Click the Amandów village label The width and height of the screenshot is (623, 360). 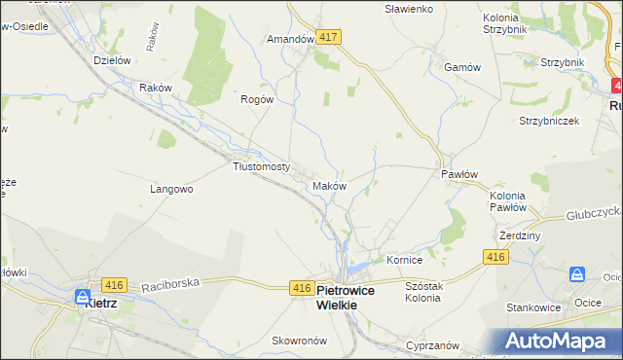point(289,40)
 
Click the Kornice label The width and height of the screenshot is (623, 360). point(404,261)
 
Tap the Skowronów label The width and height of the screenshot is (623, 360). point(271,341)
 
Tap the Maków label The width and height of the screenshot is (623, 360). point(329,185)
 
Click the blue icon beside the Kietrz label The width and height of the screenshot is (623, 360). point(84,296)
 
